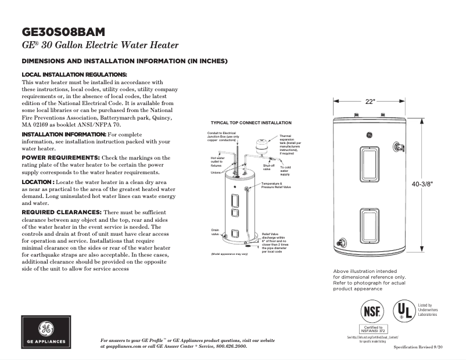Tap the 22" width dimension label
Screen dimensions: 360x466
pyautogui.click(x=370, y=101)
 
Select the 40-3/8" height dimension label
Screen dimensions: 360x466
pyautogui.click(x=422, y=183)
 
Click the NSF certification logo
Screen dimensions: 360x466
pyautogui.click(x=372, y=311)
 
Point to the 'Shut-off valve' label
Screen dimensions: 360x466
pyautogui.click(x=268, y=167)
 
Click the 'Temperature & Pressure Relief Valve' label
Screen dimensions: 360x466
pyautogui.click(x=275, y=186)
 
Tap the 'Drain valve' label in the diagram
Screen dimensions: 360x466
pyautogui.click(x=215, y=232)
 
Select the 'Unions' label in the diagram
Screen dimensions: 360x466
pyautogui.click(x=216, y=172)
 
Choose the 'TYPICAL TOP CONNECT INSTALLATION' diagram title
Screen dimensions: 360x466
pyautogui.click(x=251, y=123)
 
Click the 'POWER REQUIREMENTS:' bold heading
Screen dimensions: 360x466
pyautogui.click(x=60, y=157)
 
